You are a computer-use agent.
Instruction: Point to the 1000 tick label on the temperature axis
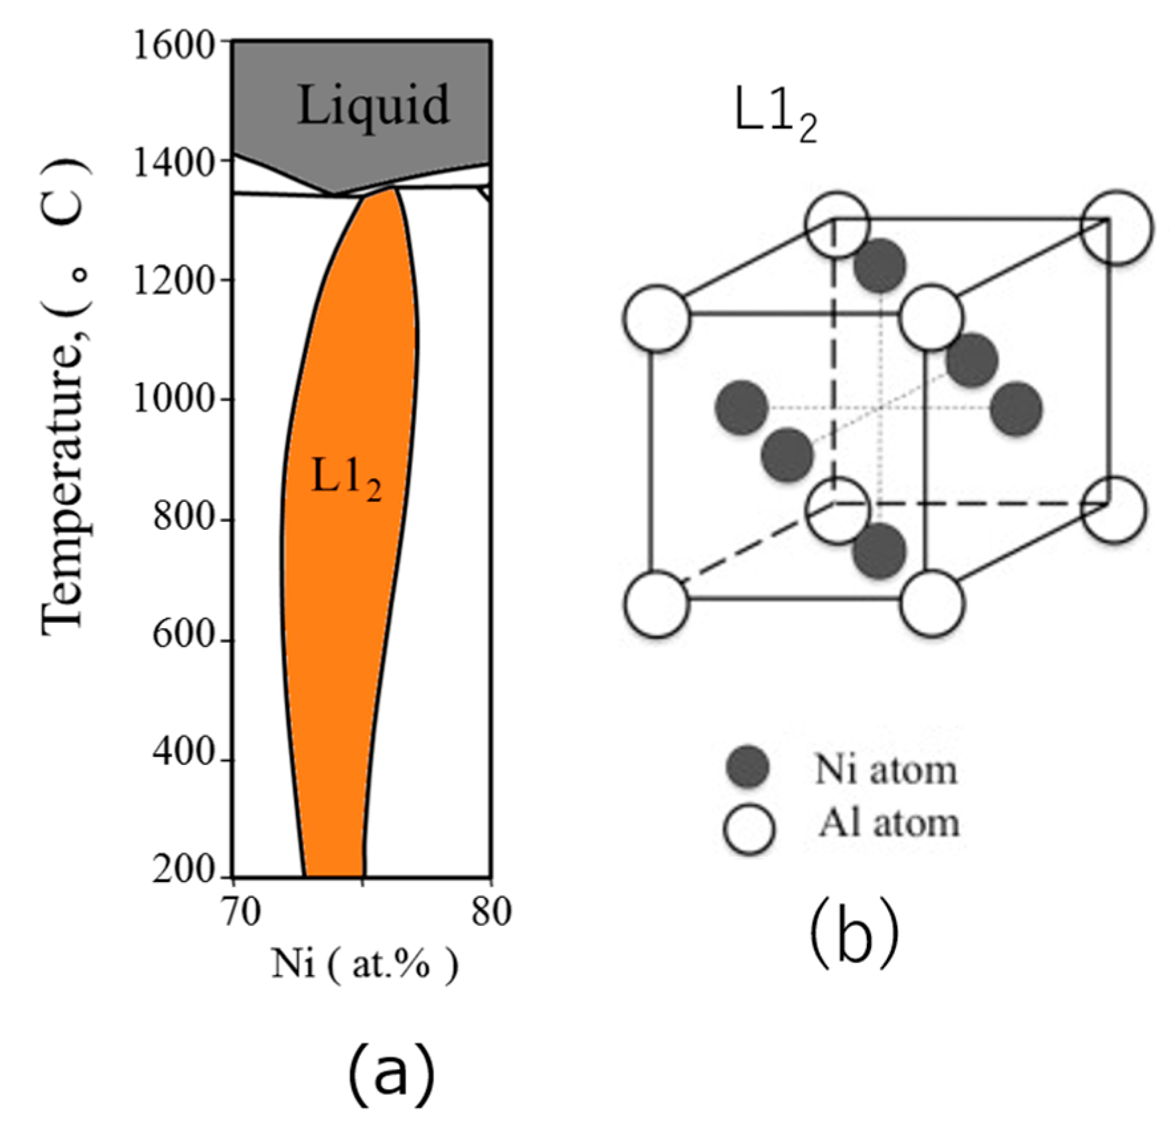coord(175,400)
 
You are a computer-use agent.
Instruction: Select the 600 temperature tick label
coord(184,636)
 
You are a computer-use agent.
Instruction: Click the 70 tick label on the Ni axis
coord(240,912)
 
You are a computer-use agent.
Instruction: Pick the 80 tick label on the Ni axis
coord(491,912)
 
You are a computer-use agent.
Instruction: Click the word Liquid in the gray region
coord(373,105)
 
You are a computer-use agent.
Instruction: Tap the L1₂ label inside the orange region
coord(346,478)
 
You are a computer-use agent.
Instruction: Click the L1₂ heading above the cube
coord(775,120)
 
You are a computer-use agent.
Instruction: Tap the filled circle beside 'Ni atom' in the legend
coord(748,766)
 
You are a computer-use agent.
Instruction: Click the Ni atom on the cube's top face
coord(880,266)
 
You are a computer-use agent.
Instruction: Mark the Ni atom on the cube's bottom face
coord(880,551)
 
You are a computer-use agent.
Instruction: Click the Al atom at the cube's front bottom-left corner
coord(657,604)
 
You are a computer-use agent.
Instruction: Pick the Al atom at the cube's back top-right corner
coord(1117,228)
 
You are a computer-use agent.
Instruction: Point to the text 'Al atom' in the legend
coord(889,824)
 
